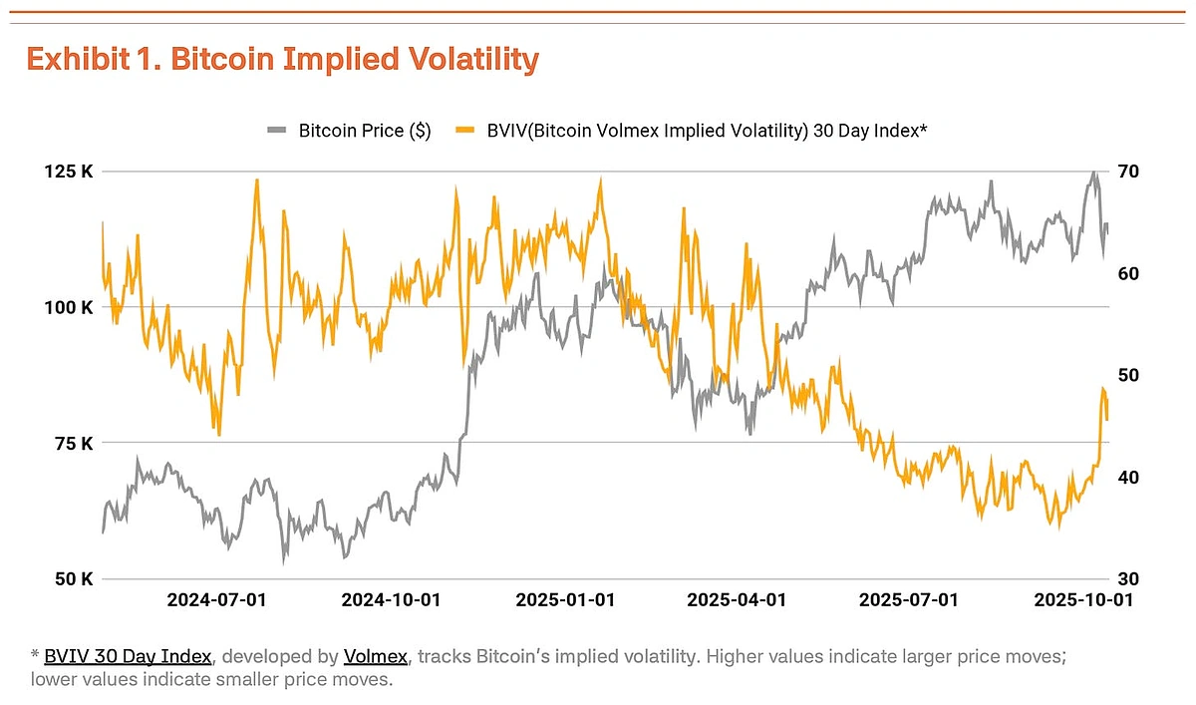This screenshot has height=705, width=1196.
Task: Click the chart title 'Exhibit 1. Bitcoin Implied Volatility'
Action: click(282, 60)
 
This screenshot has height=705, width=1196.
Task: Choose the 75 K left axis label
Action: click(74, 443)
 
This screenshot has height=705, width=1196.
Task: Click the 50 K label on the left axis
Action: click(74, 578)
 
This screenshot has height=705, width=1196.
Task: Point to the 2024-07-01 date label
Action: click(216, 600)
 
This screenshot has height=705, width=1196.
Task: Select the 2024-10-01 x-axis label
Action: click(391, 600)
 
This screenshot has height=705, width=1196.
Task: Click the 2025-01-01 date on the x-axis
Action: click(565, 600)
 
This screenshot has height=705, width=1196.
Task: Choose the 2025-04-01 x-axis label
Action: click(737, 600)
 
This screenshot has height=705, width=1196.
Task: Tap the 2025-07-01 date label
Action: click(908, 600)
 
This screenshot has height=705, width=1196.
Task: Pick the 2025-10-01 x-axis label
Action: click(1083, 600)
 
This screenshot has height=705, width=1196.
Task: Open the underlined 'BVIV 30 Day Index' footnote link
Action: click(128, 656)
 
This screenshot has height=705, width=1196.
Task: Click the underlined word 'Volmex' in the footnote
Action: click(375, 656)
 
